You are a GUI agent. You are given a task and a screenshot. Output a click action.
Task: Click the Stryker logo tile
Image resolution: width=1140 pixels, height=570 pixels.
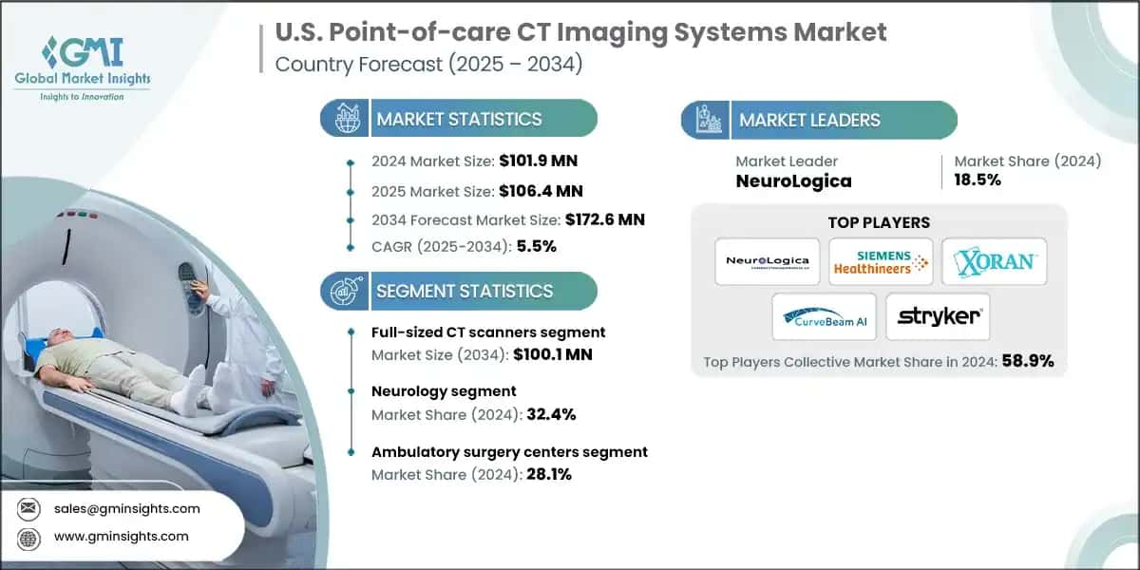(x=938, y=316)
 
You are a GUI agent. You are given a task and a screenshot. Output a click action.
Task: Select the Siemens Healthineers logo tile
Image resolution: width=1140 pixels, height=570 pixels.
(x=880, y=262)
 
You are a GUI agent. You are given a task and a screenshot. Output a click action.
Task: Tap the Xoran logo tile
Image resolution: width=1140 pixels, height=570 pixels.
(x=994, y=262)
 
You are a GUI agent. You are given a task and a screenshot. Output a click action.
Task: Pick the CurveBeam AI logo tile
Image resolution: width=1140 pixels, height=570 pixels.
(x=824, y=316)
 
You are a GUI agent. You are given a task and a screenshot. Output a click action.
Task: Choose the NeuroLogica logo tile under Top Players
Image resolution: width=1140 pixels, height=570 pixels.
(x=767, y=262)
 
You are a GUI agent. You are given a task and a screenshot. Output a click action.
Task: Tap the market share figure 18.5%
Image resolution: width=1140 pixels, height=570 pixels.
(x=978, y=180)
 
